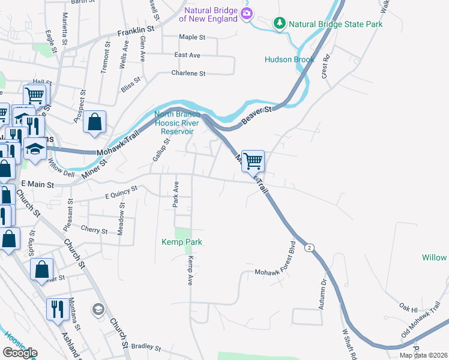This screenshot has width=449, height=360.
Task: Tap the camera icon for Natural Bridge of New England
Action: click(246, 14)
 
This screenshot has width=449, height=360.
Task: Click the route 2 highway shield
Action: click(309, 248)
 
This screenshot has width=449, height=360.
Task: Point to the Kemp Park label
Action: click(182, 242)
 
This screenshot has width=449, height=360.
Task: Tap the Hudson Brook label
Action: click(290, 59)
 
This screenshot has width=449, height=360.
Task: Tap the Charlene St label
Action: click(189, 73)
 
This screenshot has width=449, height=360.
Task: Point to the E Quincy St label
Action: click(121, 191)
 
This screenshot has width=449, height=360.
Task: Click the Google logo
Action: click(20, 353)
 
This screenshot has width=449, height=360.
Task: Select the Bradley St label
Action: click(146, 347)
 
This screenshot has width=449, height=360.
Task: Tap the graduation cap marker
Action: click(35, 149)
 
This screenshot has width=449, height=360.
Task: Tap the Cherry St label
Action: click(94, 230)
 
